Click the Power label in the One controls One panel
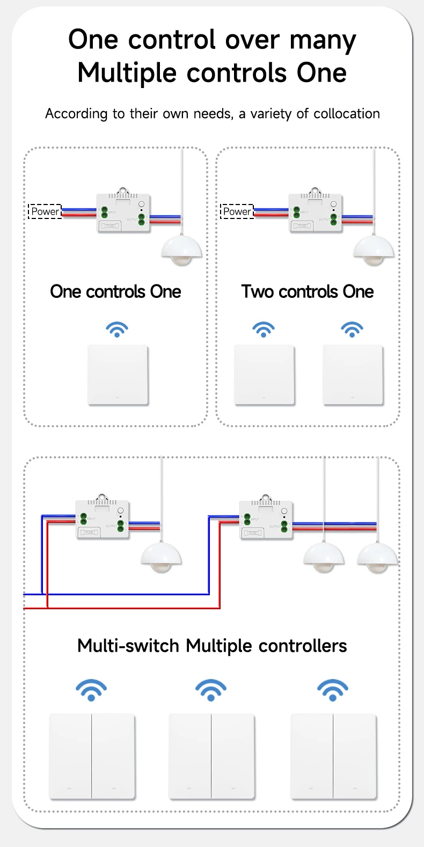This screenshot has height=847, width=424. point(45,211)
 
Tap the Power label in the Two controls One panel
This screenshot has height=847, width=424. point(237,211)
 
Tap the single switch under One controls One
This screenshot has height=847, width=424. point(118,375)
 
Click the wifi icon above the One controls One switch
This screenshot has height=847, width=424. point(117,329)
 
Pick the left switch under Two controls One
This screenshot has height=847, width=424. point(264,375)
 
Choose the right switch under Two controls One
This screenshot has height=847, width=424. point(353,375)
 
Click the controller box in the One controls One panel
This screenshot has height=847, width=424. point(123,213)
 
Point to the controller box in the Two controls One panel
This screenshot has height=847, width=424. point(316,213)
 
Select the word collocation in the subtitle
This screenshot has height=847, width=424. point(346,114)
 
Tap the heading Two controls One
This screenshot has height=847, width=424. point(308,291)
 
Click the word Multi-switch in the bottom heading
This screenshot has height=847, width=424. point(128,646)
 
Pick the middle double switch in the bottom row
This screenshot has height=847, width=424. point(211,756)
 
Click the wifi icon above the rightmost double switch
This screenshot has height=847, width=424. point(333,690)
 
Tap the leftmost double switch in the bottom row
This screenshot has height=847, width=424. point(92,756)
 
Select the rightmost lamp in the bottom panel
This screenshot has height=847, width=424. point(377,558)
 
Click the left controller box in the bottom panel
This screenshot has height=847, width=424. point(103,520)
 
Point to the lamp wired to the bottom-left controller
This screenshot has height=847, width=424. point(161,558)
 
